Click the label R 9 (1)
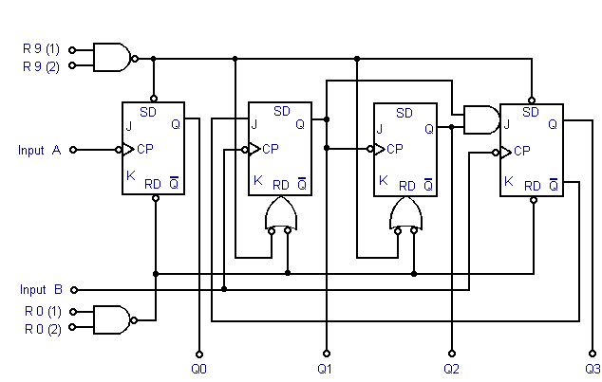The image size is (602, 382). [x=42, y=46]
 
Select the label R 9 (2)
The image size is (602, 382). [x=42, y=65]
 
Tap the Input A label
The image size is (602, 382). [x=39, y=150]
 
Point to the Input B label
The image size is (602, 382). [x=41, y=289]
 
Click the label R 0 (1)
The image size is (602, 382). [x=42, y=310]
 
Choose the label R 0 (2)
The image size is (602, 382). [x=42, y=328]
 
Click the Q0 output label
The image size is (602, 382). [x=198, y=367]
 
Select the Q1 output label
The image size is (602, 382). [x=325, y=367]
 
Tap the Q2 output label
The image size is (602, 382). [x=451, y=367]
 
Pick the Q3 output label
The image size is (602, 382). [x=593, y=367]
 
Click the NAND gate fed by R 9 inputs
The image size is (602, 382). [x=112, y=56]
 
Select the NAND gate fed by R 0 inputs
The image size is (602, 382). [x=112, y=318]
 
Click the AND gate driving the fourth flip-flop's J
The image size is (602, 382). [x=480, y=119]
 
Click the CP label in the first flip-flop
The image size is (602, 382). [x=145, y=149]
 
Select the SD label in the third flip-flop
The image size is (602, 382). [x=404, y=113]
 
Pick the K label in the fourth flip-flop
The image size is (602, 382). [x=509, y=181]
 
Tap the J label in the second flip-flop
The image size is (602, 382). [x=254, y=124]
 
